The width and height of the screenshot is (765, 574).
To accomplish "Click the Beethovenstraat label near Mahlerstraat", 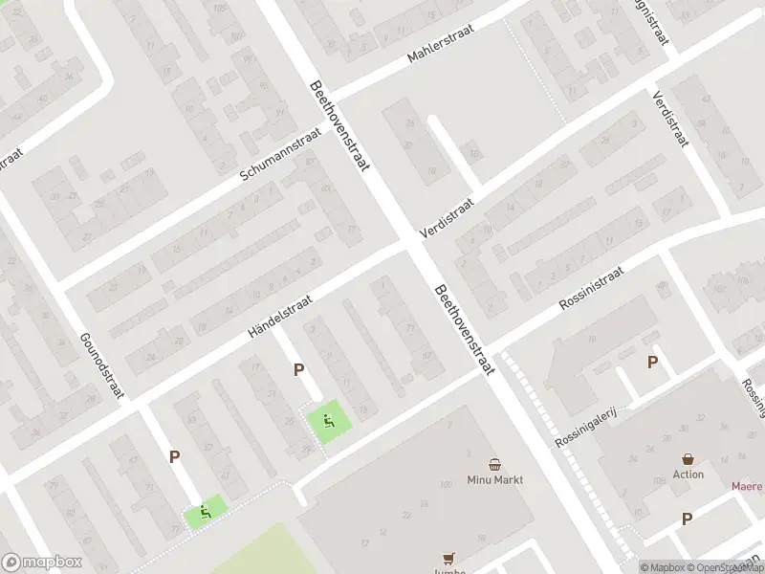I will click(x=339, y=125).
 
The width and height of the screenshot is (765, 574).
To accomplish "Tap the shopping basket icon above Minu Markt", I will click(x=495, y=462).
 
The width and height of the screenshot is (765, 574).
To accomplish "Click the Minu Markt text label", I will click(x=495, y=479).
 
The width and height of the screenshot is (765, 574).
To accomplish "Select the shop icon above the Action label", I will click(x=688, y=458).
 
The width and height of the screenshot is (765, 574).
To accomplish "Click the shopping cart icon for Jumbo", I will click(x=448, y=558).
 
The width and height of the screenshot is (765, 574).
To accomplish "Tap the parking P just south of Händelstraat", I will click(x=299, y=369).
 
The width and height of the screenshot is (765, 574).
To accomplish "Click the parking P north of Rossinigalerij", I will click(x=653, y=362).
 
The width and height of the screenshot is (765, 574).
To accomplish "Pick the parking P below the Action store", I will click(x=687, y=519).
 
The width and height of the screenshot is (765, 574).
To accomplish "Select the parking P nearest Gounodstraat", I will click(x=174, y=457).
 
